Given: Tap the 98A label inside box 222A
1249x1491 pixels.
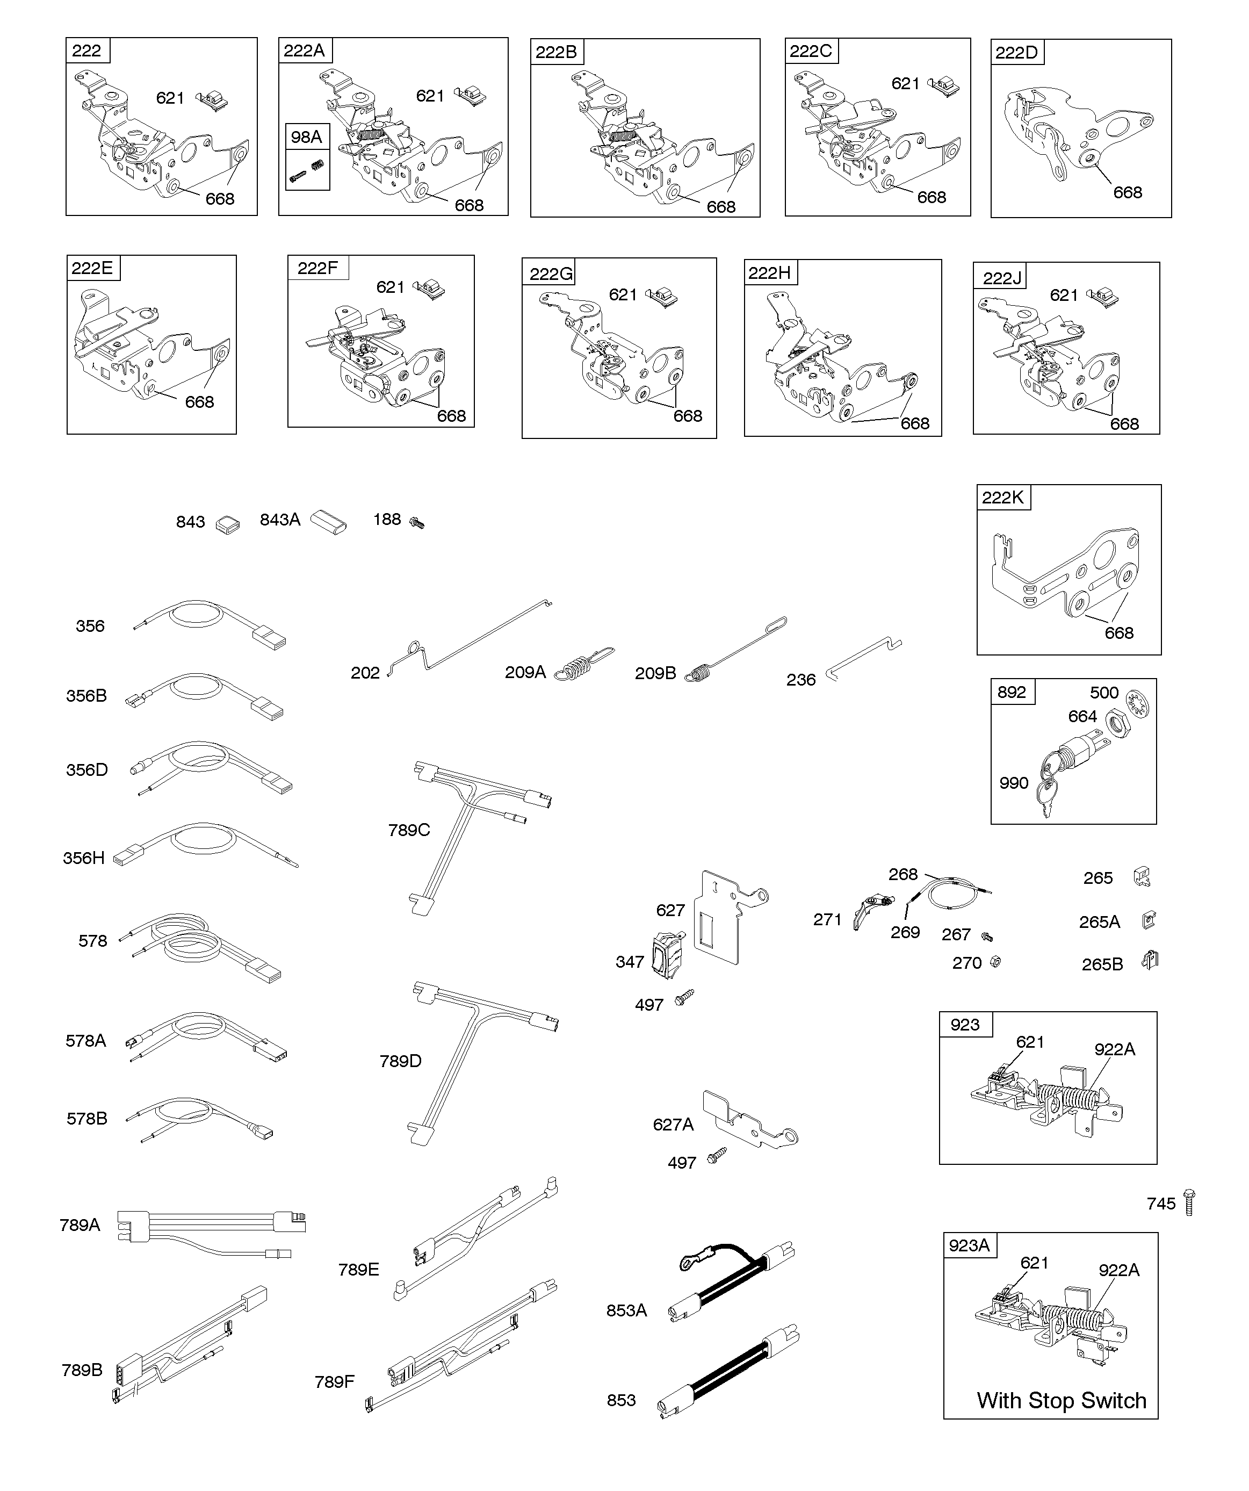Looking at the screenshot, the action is [306, 137].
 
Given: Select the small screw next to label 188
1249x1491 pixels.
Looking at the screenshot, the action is [417, 523].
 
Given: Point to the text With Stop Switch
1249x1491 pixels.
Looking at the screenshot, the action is [1062, 1400].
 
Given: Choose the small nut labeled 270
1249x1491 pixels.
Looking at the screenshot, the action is [995, 962].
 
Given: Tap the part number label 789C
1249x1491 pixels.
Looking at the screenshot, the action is [409, 830].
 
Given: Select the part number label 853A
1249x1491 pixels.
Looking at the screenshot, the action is [626, 1310].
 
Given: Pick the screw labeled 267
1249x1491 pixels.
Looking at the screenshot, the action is [986, 937].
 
